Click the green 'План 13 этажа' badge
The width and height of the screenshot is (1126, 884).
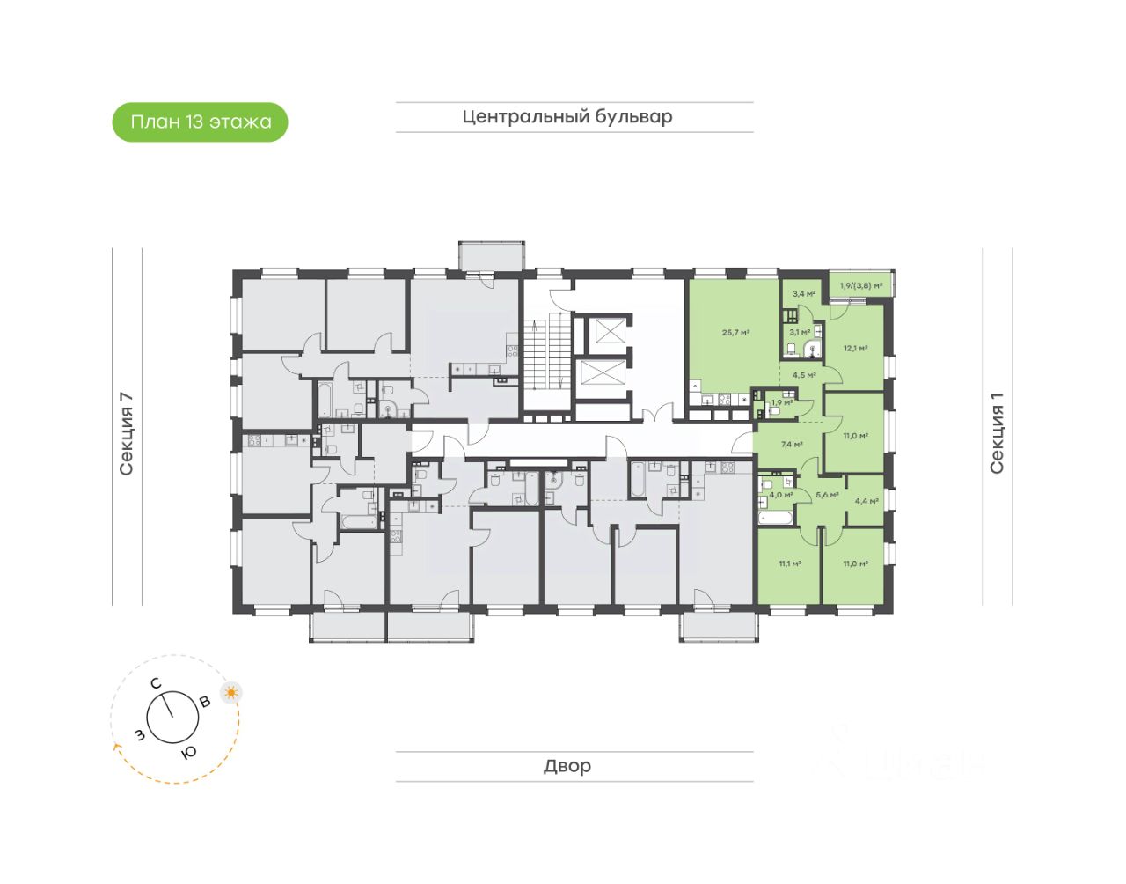click(201, 122)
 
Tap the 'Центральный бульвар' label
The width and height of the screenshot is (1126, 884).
click(567, 116)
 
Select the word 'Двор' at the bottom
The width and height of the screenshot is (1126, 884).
click(567, 766)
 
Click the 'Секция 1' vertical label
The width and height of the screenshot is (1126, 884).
click(997, 433)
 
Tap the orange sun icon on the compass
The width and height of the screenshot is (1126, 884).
click(231, 692)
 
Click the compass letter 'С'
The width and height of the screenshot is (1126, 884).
click(155, 683)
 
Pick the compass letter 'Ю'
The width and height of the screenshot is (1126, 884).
click(188, 752)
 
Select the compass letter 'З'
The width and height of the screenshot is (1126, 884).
click(139, 734)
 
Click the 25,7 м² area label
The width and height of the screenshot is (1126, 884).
click(735, 333)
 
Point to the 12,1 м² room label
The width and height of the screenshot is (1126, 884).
click(855, 348)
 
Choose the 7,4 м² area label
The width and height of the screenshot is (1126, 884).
click(792, 445)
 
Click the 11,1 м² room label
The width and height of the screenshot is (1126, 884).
click(789, 564)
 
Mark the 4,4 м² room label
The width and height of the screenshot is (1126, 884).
click(866, 501)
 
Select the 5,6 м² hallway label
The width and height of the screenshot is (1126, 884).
click(827, 495)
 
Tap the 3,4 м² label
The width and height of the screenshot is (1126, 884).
click(803, 294)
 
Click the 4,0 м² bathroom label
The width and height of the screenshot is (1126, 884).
click(781, 495)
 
